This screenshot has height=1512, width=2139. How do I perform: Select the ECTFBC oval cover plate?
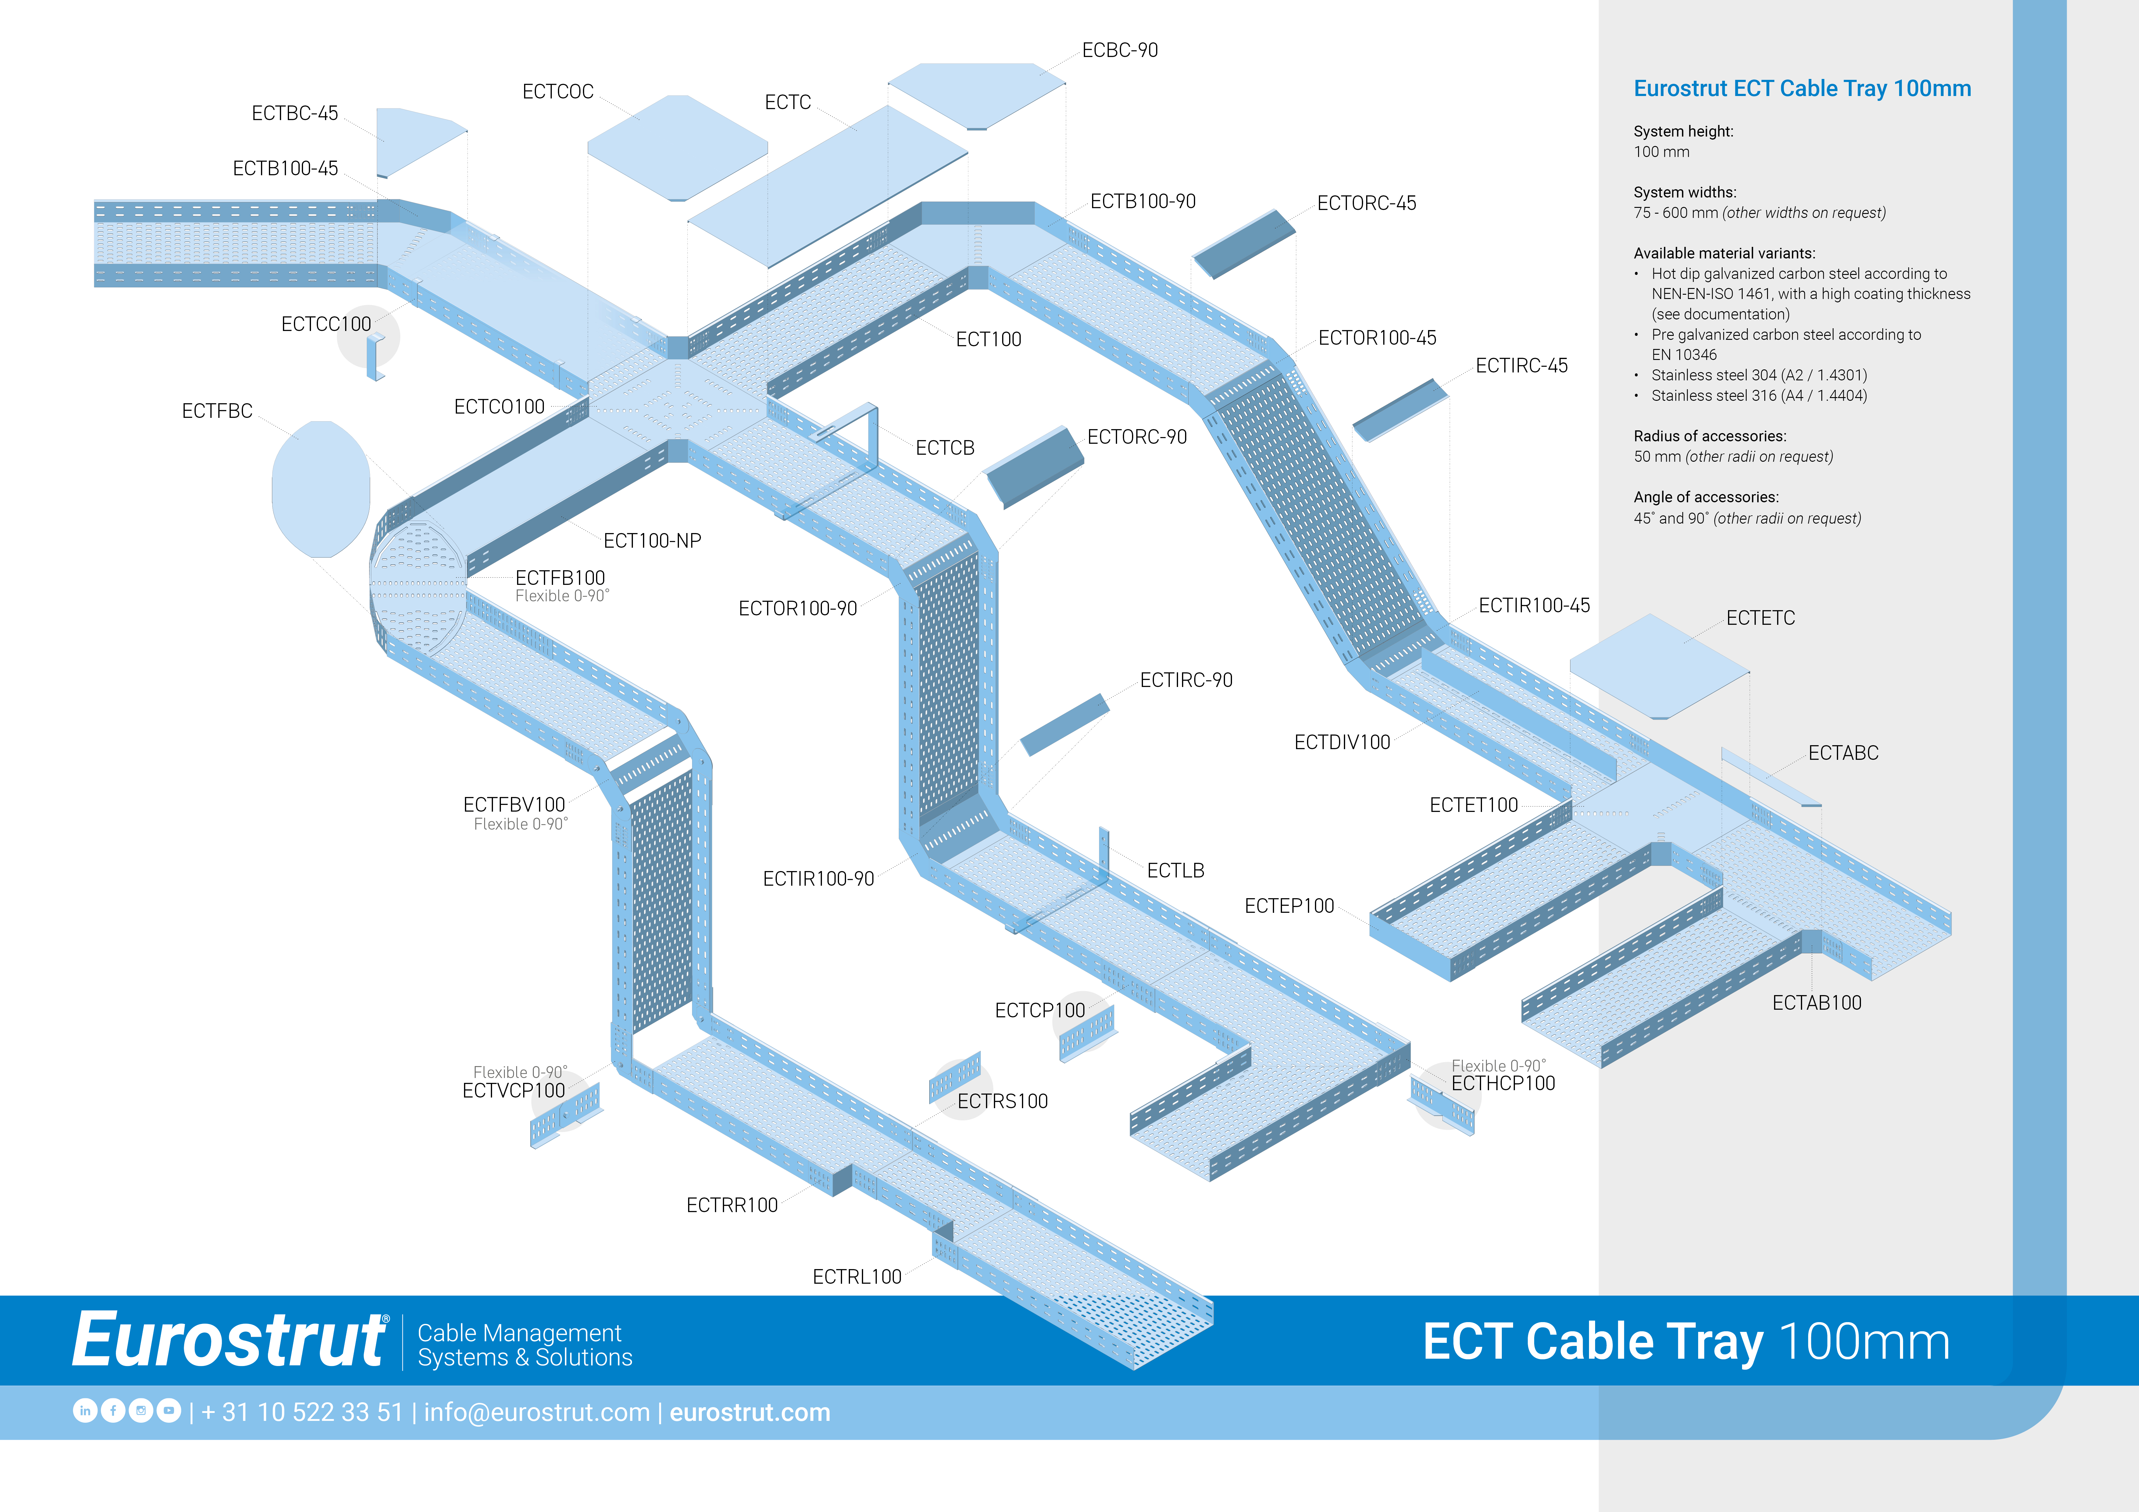320,489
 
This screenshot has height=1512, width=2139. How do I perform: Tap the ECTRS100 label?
1002,1101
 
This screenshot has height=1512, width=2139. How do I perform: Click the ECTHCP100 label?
1503,1083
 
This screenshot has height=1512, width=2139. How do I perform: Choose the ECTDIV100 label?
1341,742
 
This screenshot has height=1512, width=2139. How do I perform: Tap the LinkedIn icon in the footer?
85,1411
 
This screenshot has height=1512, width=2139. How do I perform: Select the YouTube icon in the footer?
169,1411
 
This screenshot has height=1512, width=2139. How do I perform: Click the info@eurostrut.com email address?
537,1412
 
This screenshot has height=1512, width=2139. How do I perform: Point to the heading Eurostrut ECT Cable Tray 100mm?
1802,88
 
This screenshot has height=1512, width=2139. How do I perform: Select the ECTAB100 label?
1816,1003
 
